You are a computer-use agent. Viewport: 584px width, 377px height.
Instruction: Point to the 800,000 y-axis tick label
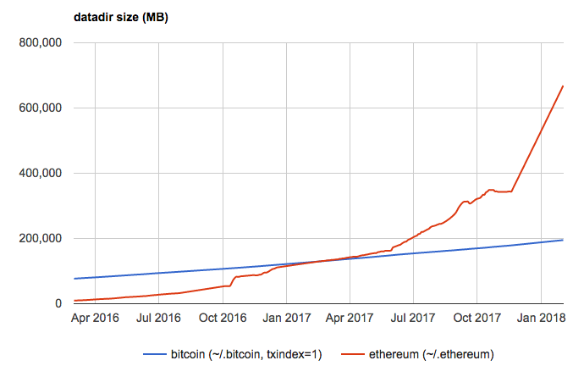pos(41,43)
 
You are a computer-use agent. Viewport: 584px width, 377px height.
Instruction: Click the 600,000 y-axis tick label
pos(41,108)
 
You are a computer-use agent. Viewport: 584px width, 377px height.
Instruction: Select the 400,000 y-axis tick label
pos(41,174)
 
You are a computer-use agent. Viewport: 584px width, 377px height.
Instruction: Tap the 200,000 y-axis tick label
pos(41,239)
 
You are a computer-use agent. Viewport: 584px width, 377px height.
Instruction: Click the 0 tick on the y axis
pos(59,303)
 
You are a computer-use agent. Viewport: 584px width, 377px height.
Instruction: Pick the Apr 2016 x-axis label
pos(95,320)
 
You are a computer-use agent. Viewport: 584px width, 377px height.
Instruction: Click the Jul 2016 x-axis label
pos(158,320)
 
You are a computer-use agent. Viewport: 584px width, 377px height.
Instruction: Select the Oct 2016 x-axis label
pos(223,320)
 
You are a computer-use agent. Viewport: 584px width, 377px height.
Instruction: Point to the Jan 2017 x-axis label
pos(286,320)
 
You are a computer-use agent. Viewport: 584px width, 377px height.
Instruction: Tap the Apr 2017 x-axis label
pos(349,320)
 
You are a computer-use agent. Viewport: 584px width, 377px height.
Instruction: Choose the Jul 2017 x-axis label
pos(412,320)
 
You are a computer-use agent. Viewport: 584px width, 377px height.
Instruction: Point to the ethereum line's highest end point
pos(564,86)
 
